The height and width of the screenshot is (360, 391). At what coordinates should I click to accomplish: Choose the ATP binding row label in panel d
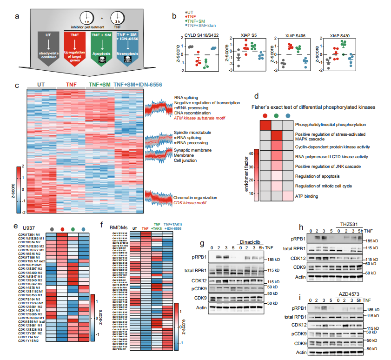click(x=307, y=197)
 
